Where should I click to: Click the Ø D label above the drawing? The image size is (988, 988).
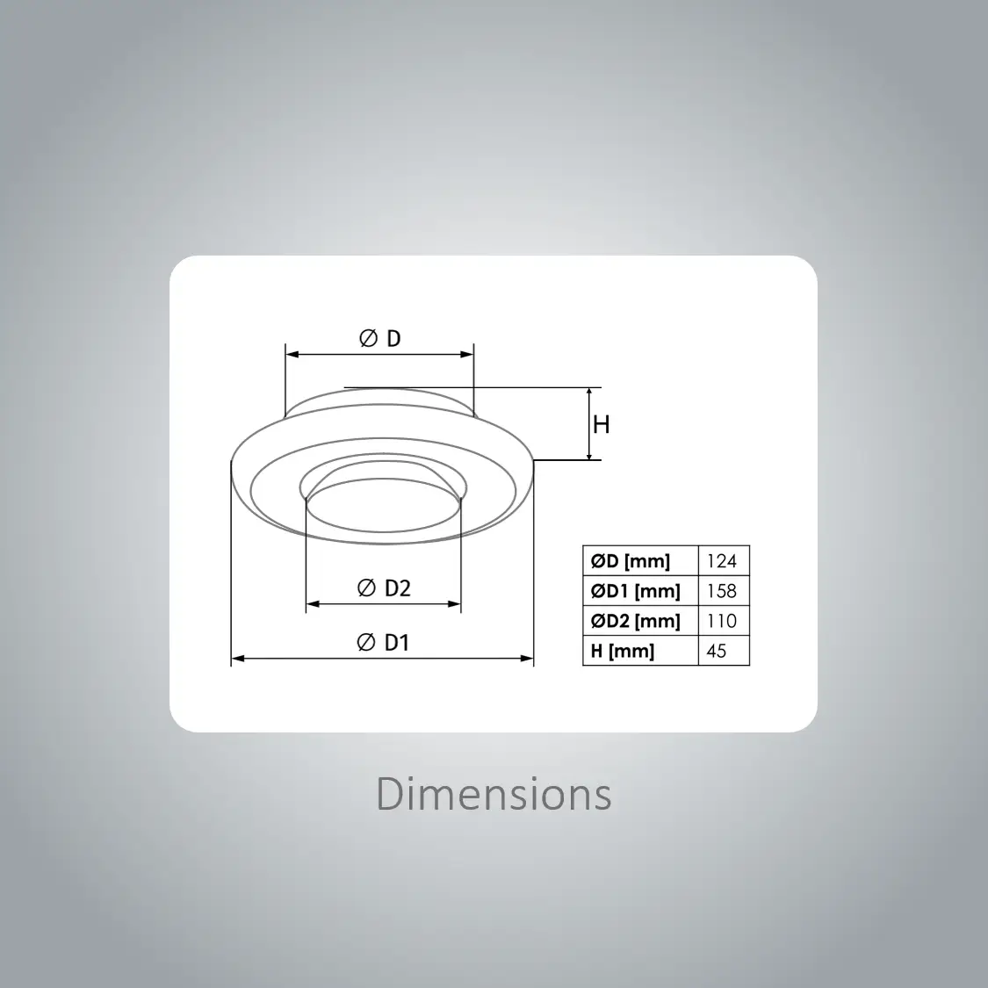pos(380,338)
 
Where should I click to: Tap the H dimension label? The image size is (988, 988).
pos(601,425)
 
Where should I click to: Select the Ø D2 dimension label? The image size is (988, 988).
pos(384,588)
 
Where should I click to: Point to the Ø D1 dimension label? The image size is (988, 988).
pos(383,643)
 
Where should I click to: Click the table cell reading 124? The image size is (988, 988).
pos(722,561)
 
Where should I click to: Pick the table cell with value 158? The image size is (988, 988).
pos(722,591)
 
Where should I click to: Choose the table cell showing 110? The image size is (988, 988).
pos(722,621)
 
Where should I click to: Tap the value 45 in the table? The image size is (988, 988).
pos(717,651)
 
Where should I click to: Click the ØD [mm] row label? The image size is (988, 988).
pos(630,561)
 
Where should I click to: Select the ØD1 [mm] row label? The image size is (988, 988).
pos(635,591)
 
